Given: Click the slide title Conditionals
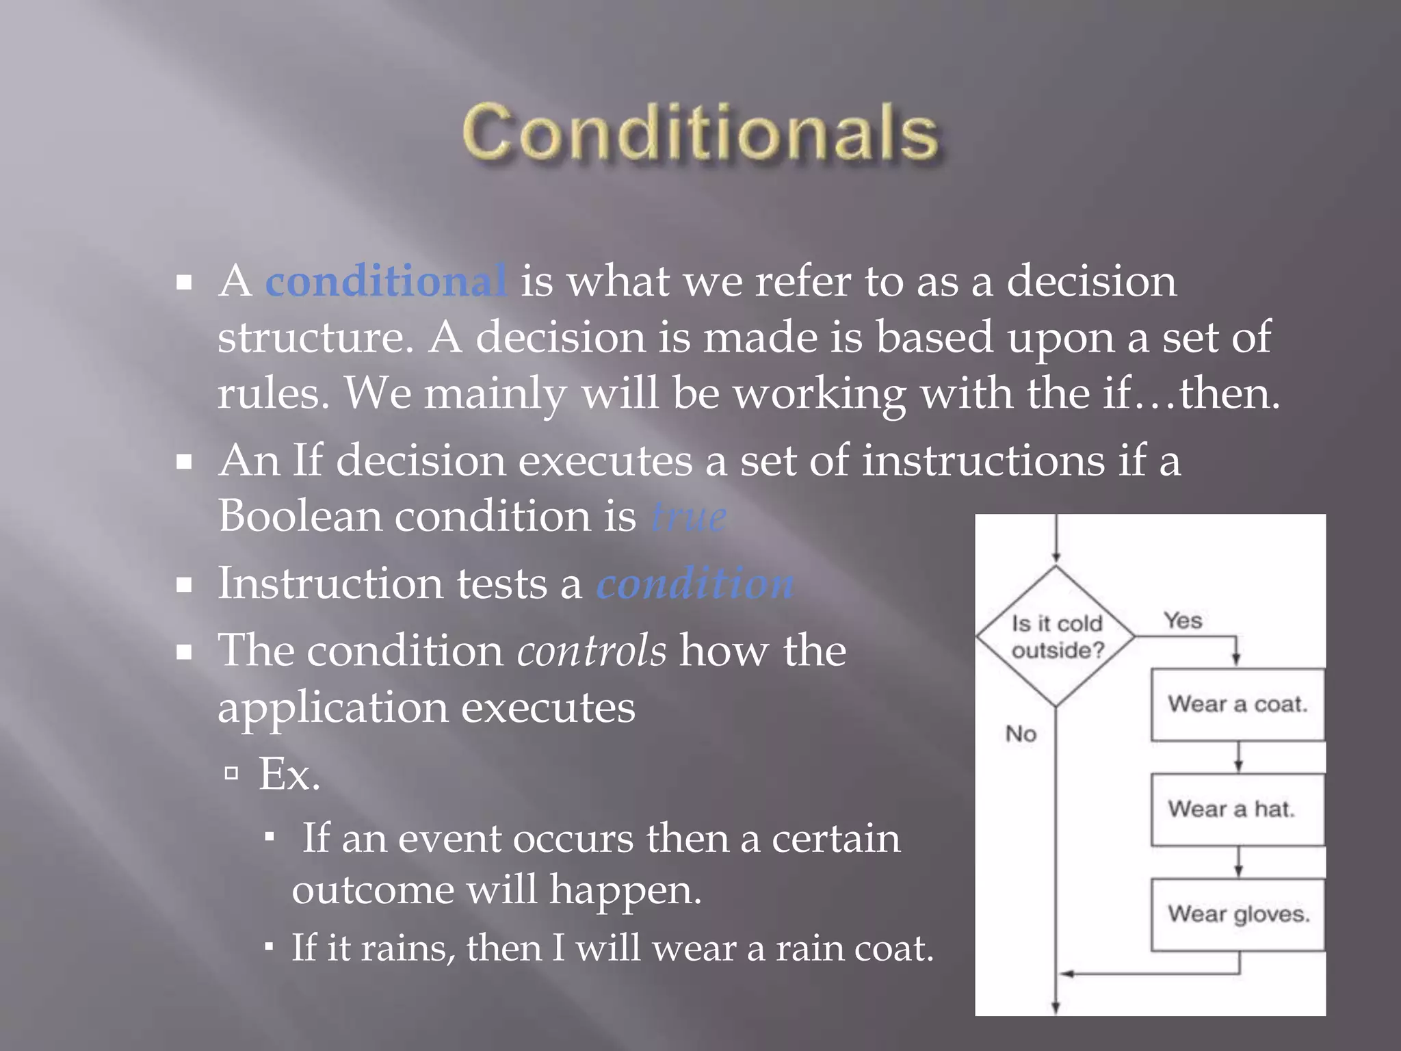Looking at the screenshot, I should pyautogui.click(x=700, y=133).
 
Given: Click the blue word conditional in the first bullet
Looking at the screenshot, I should pyautogui.click(x=386, y=281).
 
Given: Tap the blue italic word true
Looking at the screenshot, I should pyautogui.click(x=688, y=517).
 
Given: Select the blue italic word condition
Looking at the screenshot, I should pyautogui.click(x=695, y=584).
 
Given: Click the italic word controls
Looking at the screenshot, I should pyautogui.click(x=592, y=651).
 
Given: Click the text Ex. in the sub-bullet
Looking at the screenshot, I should pyautogui.click(x=289, y=775).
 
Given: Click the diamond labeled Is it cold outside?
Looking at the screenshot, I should pyautogui.click(x=1056, y=636).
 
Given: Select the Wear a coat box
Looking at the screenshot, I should pyautogui.click(x=1238, y=705).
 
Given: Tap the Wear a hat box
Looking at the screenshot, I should pyautogui.click(x=1238, y=809).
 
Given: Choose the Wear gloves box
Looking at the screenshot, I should pyautogui.click(x=1238, y=914).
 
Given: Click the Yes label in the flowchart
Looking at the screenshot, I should pyautogui.click(x=1183, y=621).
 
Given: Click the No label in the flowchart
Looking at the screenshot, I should pyautogui.click(x=1021, y=734).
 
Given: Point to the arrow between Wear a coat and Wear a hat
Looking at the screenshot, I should pyautogui.click(x=1238, y=757).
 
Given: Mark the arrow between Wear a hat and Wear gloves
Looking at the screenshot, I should pyautogui.click(x=1238, y=862).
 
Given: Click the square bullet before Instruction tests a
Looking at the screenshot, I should pyautogui.click(x=183, y=585).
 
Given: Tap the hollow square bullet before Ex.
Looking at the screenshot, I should pyautogui.click(x=231, y=774).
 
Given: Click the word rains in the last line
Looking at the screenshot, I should pyautogui.click(x=406, y=948).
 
